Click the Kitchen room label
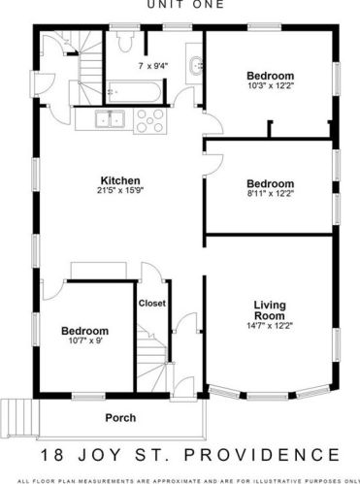click(120, 180)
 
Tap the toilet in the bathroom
click(125, 42)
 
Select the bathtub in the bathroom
click(134, 92)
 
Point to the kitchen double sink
click(110, 118)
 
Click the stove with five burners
click(149, 120)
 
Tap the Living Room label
click(270, 310)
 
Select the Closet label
click(152, 304)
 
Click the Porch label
click(120, 418)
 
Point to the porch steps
click(19, 418)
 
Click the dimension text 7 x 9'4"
click(153, 66)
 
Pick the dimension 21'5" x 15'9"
click(120, 190)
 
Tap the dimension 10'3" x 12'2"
click(271, 85)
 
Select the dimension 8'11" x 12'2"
click(271, 193)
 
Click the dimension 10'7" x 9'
click(84, 340)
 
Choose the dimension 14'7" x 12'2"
click(270, 326)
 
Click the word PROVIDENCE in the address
click(262, 455)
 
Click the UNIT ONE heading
click(185, 4)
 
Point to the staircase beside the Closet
click(152, 358)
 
